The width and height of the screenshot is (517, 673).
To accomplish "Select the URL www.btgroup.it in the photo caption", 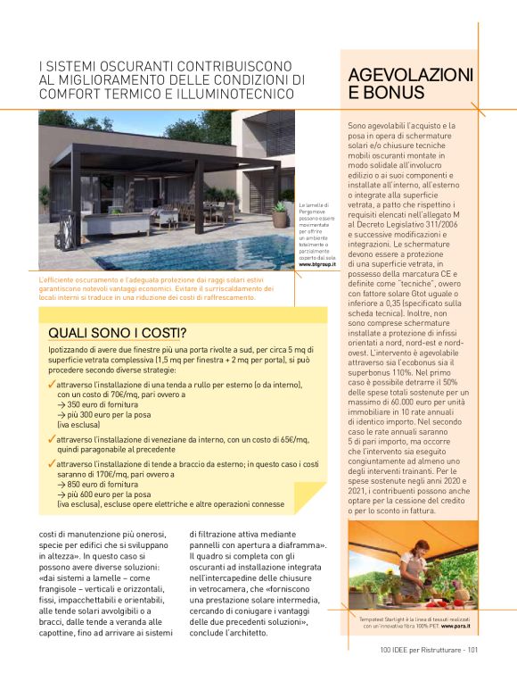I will [x=316, y=265].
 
